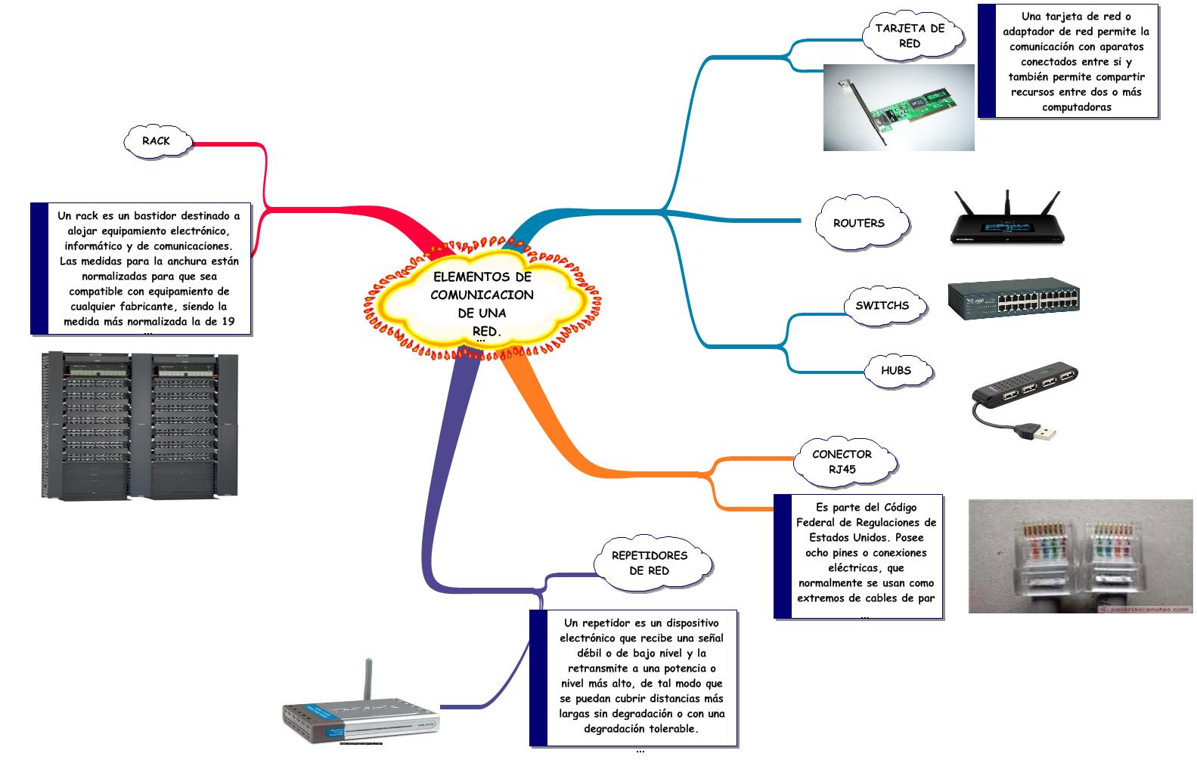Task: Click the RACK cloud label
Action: pos(157,141)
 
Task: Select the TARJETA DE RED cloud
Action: pos(910,36)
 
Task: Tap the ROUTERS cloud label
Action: pos(858,224)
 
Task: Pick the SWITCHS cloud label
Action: pos(882,306)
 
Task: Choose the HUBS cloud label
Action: pos(895,371)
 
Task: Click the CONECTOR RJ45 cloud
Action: pos(842,462)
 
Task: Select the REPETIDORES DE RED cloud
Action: pos(649,564)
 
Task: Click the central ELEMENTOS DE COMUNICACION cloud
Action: pos(482,304)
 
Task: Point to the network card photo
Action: pos(898,107)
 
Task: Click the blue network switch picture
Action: pos(1013,299)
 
